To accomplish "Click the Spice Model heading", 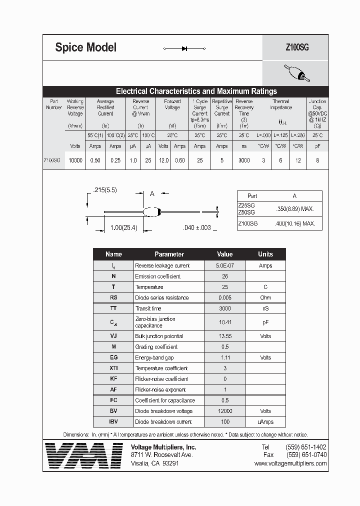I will tap(85, 47).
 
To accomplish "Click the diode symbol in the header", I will tap(184, 48).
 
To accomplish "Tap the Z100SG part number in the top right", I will tap(297, 47).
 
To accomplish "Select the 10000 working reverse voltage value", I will tap(75, 160).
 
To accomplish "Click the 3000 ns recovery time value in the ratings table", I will tap(244, 160).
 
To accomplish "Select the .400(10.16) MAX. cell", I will tap(295, 223).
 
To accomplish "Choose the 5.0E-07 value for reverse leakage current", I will tap(224, 265).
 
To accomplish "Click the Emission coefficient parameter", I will tap(157, 276).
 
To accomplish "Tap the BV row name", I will tap(113, 411).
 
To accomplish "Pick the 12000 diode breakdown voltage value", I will tap(224, 411).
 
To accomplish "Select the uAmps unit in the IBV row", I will tap(265, 421).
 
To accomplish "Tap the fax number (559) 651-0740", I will tap(306, 455).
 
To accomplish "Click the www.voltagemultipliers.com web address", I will tap(290, 463).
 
